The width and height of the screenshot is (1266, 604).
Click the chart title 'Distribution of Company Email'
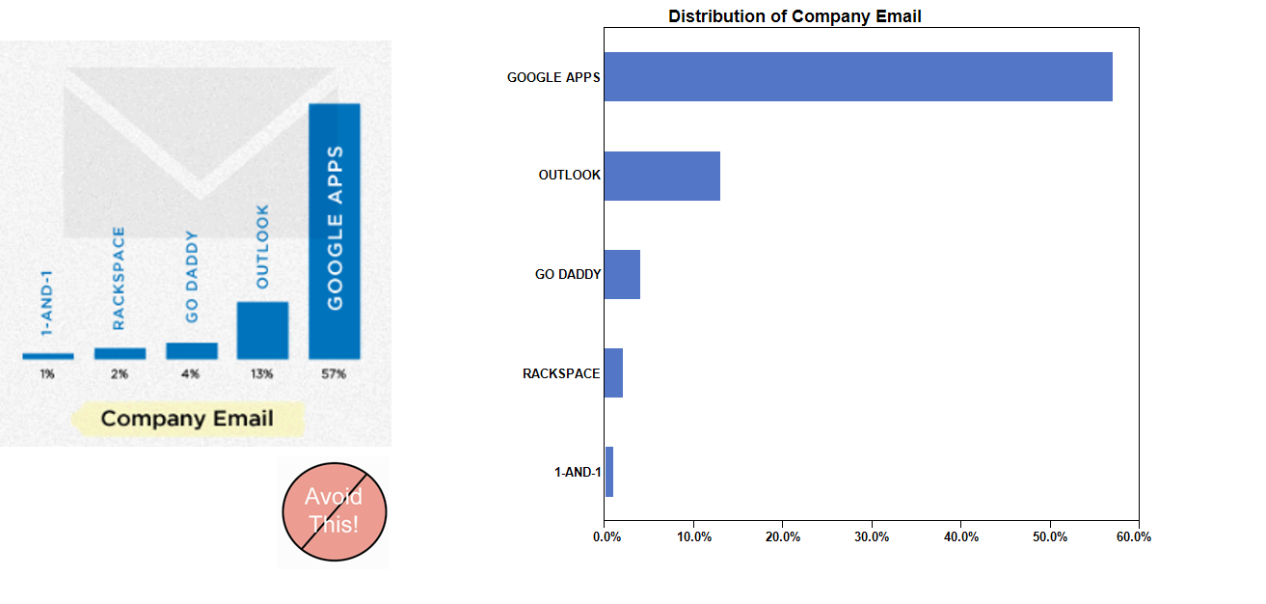(x=795, y=16)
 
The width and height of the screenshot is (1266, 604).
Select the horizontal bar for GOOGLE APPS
(x=858, y=76)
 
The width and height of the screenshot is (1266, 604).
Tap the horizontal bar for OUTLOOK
(x=661, y=176)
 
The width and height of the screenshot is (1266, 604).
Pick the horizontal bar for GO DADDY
(x=622, y=274)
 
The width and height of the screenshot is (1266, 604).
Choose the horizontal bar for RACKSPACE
(x=613, y=372)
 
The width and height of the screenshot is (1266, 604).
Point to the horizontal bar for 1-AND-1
(x=609, y=472)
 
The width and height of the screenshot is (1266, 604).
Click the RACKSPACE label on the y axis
(x=561, y=373)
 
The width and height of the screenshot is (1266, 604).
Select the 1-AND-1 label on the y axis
(x=578, y=472)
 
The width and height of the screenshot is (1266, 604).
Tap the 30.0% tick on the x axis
(x=872, y=536)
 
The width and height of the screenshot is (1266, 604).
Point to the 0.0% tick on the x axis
(x=606, y=536)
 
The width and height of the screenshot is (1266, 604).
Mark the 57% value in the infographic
(x=334, y=374)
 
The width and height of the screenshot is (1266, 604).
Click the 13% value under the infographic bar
(x=262, y=374)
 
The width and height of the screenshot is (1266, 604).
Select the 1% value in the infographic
(x=47, y=374)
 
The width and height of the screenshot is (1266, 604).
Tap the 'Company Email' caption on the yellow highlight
(x=187, y=419)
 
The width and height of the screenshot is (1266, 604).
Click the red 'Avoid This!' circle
(x=334, y=511)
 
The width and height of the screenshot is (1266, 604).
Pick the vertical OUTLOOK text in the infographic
(x=262, y=246)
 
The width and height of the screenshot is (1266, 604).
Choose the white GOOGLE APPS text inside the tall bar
(x=335, y=228)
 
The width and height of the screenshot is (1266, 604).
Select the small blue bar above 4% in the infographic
(x=191, y=350)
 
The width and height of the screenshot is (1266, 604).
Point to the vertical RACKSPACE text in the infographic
(x=119, y=278)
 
